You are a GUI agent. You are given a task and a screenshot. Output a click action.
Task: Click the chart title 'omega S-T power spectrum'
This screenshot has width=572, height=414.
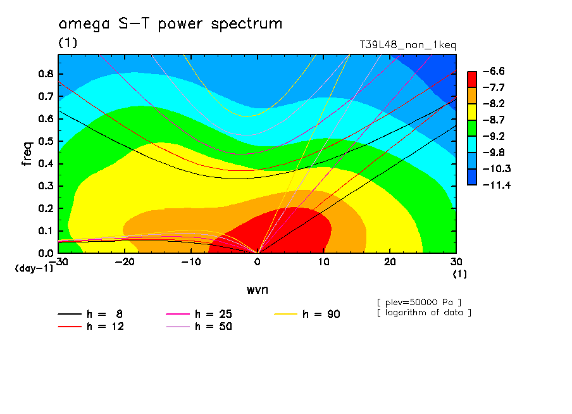point(170,25)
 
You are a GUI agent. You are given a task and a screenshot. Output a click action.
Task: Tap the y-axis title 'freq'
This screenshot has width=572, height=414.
point(27,154)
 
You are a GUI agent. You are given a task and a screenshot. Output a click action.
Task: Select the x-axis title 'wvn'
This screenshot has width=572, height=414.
point(257,289)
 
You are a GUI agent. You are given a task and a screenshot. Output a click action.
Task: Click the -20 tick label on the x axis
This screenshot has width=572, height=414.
point(125,263)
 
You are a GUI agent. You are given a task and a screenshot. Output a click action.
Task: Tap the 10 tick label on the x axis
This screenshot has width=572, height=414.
point(323,263)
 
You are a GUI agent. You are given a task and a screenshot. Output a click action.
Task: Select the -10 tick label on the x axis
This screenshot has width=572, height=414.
point(190,263)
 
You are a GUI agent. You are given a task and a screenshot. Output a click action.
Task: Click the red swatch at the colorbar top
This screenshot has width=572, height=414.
point(472,78)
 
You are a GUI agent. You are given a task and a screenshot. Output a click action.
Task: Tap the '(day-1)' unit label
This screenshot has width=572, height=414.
point(34,268)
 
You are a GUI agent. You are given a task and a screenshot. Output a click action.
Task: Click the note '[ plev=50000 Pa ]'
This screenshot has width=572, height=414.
point(418,301)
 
